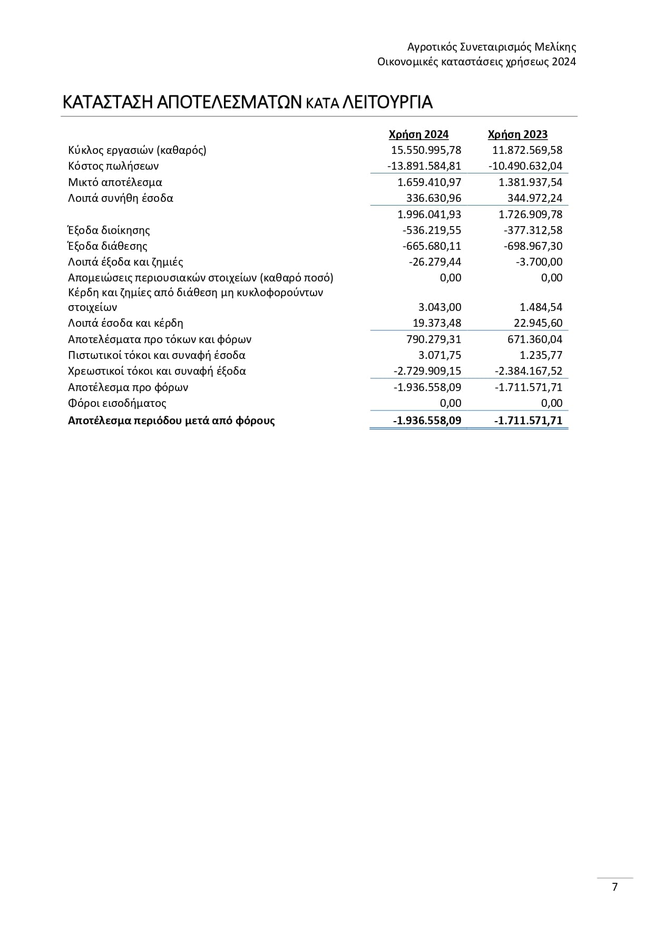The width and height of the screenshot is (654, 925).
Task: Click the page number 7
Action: pyautogui.click(x=614, y=887)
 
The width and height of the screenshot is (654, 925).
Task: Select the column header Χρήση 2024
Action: pyautogui.click(x=418, y=134)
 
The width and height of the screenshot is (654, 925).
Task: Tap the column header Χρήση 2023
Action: pyautogui.click(x=518, y=134)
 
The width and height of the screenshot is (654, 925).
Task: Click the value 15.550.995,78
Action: pyautogui.click(x=426, y=150)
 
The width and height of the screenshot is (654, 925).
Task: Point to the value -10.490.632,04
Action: pyautogui.click(x=525, y=166)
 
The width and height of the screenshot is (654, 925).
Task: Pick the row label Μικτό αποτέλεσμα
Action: pyautogui.click(x=115, y=182)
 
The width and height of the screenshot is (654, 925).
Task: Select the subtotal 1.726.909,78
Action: pyautogui.click(x=530, y=215)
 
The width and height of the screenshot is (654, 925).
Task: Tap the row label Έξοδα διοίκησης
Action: pyautogui.click(x=109, y=230)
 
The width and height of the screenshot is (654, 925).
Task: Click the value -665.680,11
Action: pyautogui.click(x=432, y=246)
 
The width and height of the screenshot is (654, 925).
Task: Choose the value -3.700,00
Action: pyautogui.click(x=539, y=262)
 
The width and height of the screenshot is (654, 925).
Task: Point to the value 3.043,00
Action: pyautogui.click(x=439, y=307)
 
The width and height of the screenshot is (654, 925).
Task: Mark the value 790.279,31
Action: pyautogui.click(x=434, y=339)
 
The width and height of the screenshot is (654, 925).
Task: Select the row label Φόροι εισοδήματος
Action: pyautogui.click(x=117, y=403)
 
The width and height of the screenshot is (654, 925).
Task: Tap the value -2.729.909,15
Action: pyautogui.click(x=427, y=371)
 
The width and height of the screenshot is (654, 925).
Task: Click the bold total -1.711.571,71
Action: pyautogui.click(x=528, y=421)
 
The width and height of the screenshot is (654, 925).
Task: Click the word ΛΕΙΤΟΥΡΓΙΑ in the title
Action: pyautogui.click(x=387, y=102)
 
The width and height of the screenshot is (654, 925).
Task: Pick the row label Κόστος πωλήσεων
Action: pyautogui.click(x=113, y=166)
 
